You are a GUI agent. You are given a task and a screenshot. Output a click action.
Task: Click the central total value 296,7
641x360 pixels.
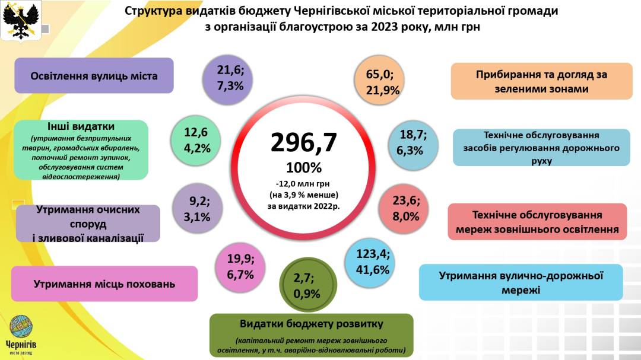[x=303, y=142]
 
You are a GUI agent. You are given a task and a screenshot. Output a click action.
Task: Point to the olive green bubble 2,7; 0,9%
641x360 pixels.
[x=307, y=285]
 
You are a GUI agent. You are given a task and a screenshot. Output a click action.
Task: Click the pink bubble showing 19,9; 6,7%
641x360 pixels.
[x=240, y=266]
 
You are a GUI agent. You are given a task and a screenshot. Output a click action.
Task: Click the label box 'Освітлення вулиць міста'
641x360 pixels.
[x=94, y=76]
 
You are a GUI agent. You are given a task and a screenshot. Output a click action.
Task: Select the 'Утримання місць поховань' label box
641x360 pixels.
[x=104, y=283]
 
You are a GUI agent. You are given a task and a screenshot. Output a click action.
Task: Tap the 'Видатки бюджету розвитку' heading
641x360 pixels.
[x=311, y=324]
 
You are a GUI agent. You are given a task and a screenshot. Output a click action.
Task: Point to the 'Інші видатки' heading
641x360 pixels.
[x=81, y=126]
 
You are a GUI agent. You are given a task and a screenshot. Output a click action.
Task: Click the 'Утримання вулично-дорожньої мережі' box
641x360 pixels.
[x=521, y=282]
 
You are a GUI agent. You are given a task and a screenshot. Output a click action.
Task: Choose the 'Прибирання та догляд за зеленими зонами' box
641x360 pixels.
[x=541, y=81]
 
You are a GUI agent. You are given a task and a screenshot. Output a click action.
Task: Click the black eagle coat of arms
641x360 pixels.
[x=21, y=20]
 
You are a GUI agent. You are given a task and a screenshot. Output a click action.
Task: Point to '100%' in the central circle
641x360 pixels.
[x=303, y=167]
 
